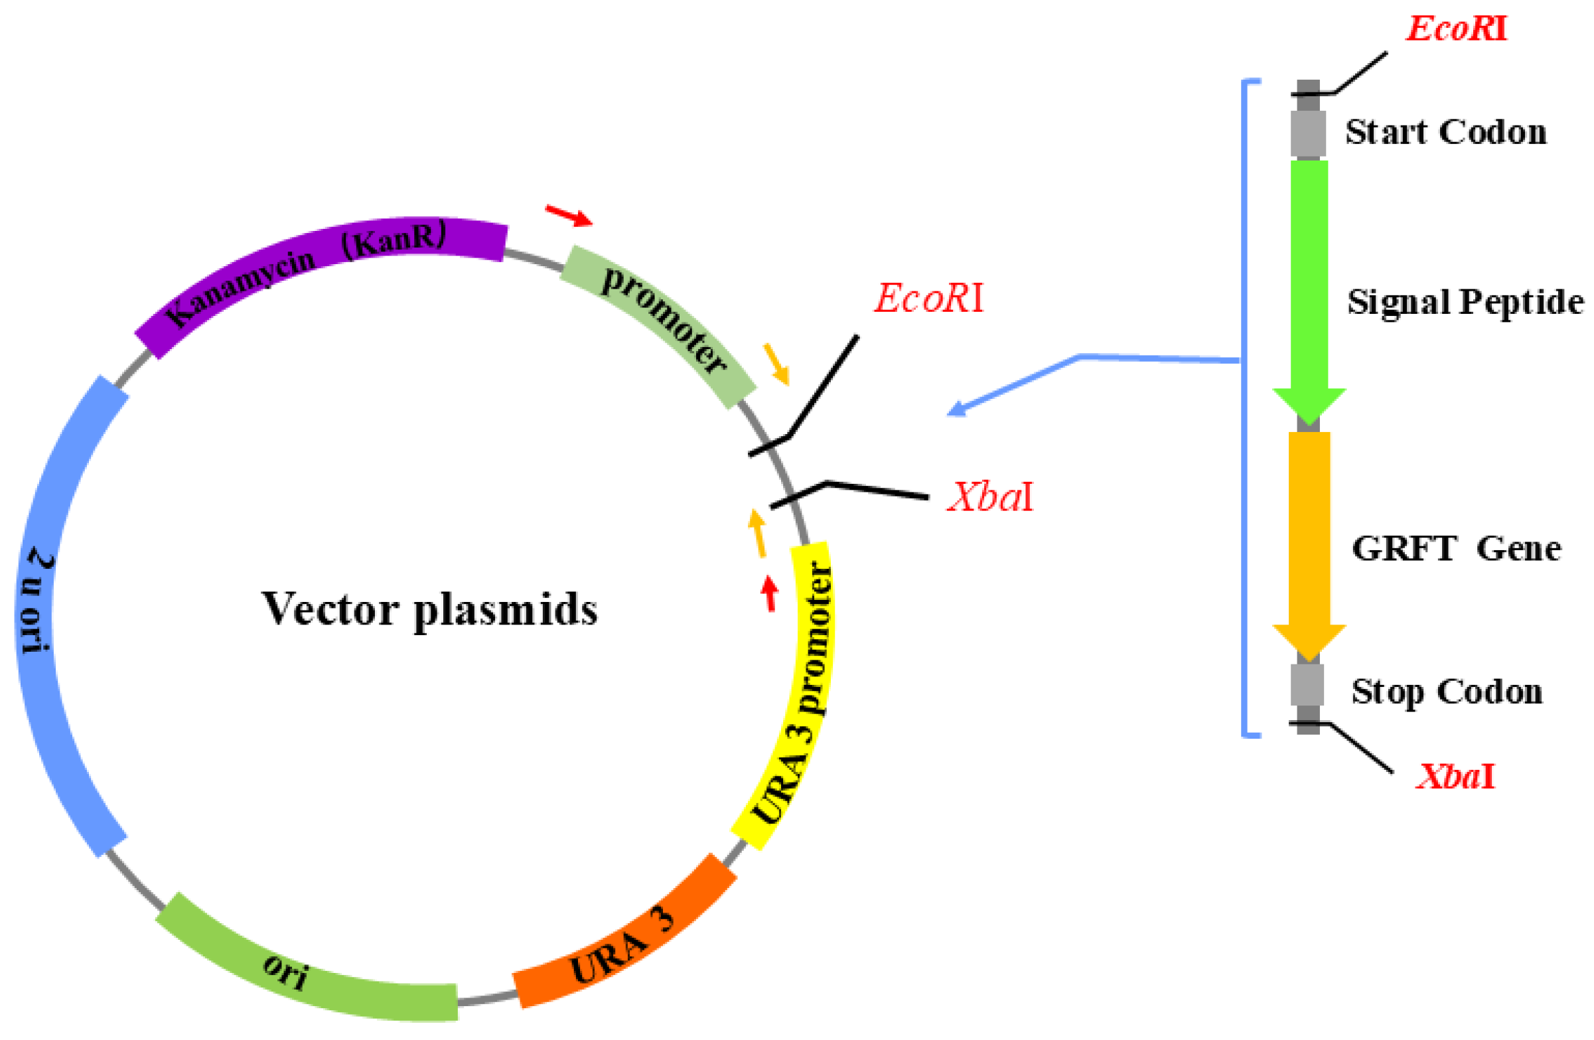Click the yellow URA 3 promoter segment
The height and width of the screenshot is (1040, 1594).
pos(800,690)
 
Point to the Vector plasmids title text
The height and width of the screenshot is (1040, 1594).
pos(429,609)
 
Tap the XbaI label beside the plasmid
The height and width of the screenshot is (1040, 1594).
pos(990,498)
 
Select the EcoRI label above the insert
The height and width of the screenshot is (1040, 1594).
pos(1456,29)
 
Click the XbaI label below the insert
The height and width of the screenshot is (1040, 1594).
pos(1455,777)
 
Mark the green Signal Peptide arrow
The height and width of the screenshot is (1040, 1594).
pos(1309,281)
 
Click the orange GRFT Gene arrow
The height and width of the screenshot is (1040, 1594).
pos(1309,536)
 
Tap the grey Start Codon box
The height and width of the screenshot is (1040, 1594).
pos(1308,133)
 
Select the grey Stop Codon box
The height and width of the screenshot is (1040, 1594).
pos(1307,684)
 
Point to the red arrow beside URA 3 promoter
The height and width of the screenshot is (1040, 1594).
pos(770,593)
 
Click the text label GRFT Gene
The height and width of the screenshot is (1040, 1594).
pos(1456,549)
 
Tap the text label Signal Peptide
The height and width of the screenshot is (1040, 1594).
pos(1465,302)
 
